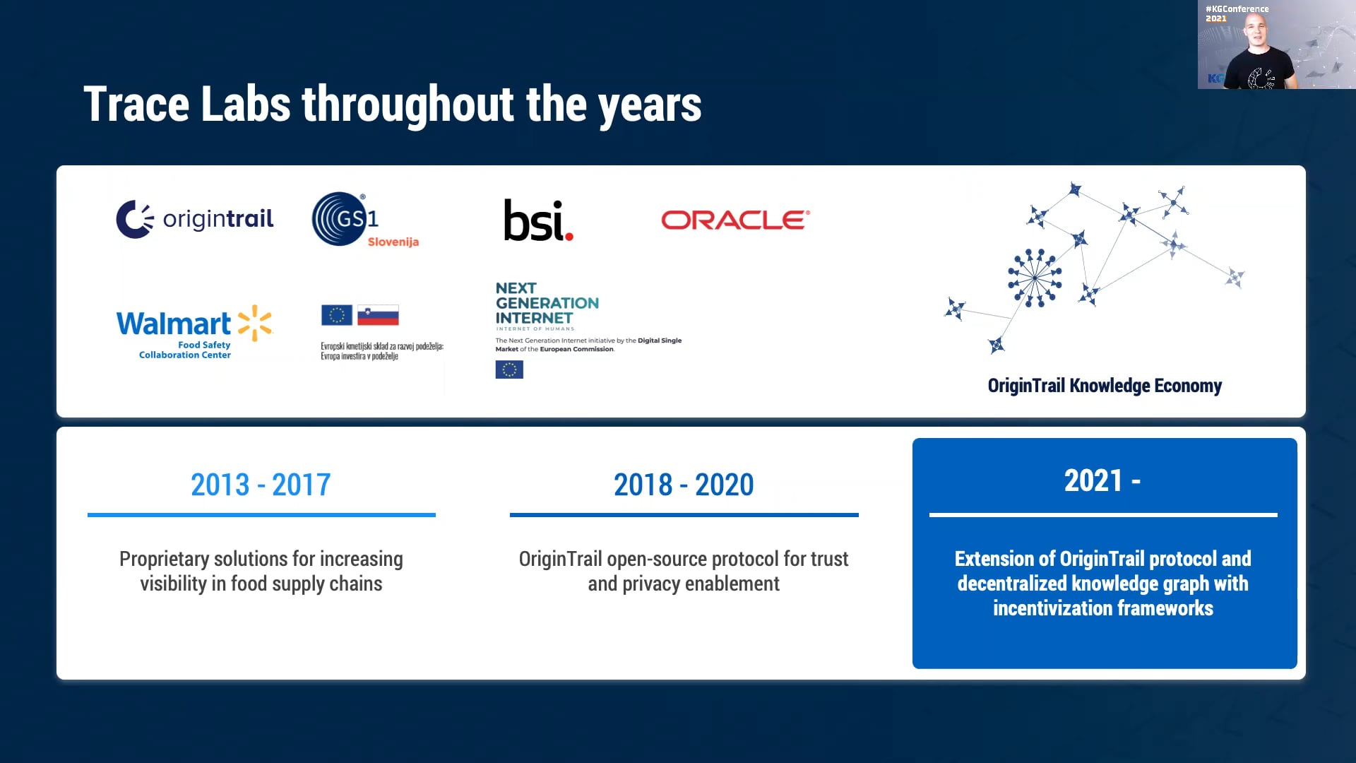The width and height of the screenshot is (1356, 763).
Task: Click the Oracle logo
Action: click(x=735, y=220)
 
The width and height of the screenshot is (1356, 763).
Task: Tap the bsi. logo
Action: click(x=538, y=220)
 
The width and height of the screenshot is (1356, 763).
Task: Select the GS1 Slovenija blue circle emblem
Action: click(x=340, y=219)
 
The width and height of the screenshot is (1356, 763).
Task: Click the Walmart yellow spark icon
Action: click(x=255, y=323)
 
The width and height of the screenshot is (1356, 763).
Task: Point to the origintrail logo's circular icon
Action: click(x=134, y=219)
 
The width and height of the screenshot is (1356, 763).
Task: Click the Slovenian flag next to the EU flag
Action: click(x=378, y=315)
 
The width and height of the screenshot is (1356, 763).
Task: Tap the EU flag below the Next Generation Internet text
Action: click(x=509, y=369)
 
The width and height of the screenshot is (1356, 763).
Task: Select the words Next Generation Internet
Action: click(x=547, y=303)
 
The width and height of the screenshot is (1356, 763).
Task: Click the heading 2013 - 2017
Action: click(x=261, y=485)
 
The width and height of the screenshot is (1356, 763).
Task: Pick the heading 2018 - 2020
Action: click(x=684, y=485)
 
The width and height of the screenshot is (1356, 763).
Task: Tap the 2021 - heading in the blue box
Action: click(x=1102, y=481)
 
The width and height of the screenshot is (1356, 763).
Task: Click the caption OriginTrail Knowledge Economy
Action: click(x=1105, y=386)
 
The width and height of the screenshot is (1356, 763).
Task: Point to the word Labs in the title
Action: click(x=245, y=105)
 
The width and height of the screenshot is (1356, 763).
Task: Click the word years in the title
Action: click(x=650, y=105)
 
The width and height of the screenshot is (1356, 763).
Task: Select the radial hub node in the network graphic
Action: click(x=1035, y=278)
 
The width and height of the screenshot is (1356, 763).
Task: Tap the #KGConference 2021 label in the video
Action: click(x=1236, y=13)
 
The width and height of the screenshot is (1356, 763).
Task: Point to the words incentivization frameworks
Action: click(x=1103, y=608)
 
